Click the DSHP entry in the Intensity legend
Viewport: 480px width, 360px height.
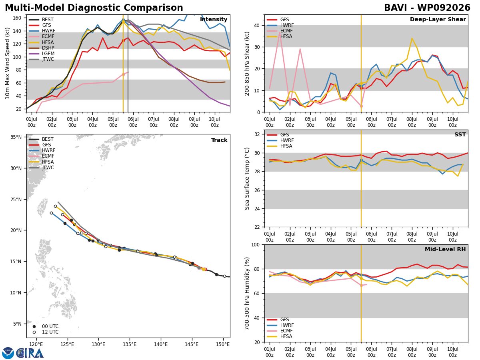tap(41, 48)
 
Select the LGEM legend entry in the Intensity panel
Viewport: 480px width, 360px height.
tap(41, 54)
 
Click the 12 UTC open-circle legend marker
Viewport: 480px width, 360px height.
tap(34, 332)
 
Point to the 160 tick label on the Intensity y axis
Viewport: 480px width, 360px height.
tap(17, 18)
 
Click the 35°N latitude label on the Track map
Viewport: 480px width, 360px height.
tap(16, 137)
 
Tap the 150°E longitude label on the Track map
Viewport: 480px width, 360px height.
tap(223, 344)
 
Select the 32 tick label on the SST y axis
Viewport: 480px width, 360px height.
tap(257, 134)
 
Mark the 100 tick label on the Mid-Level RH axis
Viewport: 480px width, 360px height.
tap(256, 244)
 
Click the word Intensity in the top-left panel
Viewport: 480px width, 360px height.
tap(214, 19)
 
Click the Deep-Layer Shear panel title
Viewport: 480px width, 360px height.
tap(438, 19)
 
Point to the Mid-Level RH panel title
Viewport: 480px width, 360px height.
tap(445, 249)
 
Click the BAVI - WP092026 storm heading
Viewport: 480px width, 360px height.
tap(427, 8)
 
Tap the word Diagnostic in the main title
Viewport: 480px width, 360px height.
tap(95, 8)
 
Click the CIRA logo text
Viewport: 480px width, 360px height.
tap(30, 353)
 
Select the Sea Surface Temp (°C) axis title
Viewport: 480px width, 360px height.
tap(247, 179)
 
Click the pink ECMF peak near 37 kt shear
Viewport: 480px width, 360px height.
tap(280, 32)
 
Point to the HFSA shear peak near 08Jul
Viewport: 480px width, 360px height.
tap(412, 38)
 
